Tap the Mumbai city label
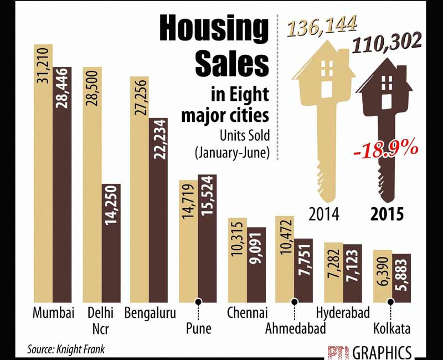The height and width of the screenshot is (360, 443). pos(53,313)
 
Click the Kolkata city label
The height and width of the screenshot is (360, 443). pos(392,330)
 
